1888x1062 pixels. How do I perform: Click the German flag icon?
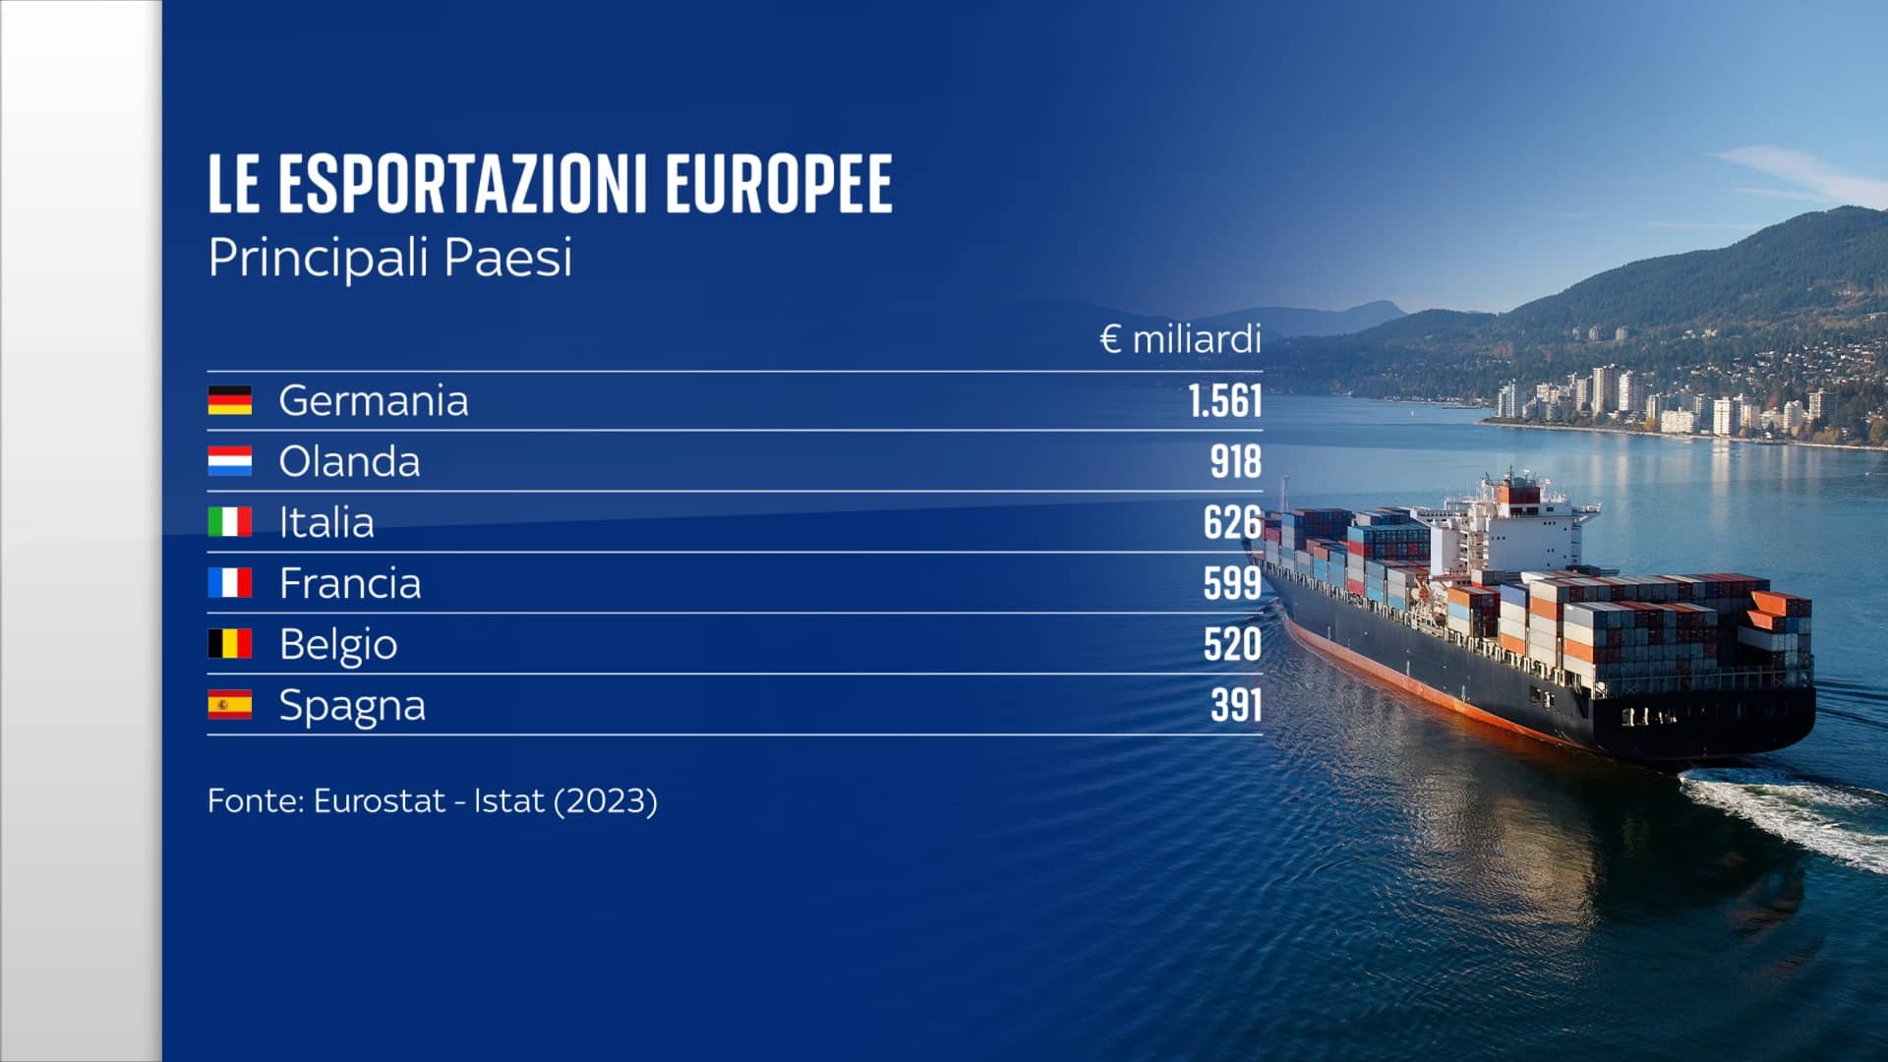[x=229, y=400]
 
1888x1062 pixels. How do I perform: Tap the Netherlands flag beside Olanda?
[x=229, y=461]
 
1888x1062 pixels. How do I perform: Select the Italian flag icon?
[x=229, y=522]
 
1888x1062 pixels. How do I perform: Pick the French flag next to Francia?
[x=229, y=583]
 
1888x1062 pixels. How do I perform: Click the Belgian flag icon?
[x=229, y=644]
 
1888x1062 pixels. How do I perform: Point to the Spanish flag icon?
[x=229, y=705]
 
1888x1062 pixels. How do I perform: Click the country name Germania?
[x=374, y=401]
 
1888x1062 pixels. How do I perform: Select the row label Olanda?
[x=349, y=462]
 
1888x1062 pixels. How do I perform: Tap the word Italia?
[x=326, y=523]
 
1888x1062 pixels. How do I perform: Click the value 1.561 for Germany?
[x=1224, y=401]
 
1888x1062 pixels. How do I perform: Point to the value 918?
[x=1235, y=462]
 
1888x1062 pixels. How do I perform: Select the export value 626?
[x=1232, y=523]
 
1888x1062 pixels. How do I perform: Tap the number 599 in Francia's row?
[x=1232, y=584]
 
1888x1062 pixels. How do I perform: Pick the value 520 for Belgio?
[x=1232, y=645]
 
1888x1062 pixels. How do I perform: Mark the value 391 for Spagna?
[x=1235, y=706]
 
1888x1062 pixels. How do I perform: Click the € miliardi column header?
[x=1180, y=340]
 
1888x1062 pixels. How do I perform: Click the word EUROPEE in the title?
[x=779, y=184]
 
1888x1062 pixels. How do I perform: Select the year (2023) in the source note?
[x=606, y=801]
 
